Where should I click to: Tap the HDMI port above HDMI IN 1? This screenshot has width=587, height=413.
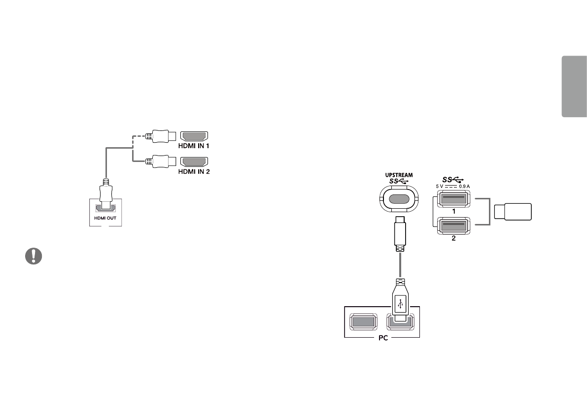(x=195, y=136)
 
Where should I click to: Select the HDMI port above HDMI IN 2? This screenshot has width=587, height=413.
(x=195, y=161)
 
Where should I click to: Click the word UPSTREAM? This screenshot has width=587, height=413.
(x=399, y=175)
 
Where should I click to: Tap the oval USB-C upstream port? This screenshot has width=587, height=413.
(x=399, y=199)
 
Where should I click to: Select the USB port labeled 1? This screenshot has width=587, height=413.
(x=452, y=199)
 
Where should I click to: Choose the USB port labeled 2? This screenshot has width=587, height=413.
(x=452, y=225)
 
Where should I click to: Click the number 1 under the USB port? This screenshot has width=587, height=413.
(x=452, y=211)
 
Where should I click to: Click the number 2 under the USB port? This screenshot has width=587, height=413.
(x=452, y=237)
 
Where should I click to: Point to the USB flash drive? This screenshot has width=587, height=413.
(x=513, y=212)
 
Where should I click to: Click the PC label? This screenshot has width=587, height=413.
(x=381, y=340)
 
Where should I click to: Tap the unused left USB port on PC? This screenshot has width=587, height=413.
(x=363, y=322)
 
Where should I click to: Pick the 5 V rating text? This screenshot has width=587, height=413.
(x=440, y=186)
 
